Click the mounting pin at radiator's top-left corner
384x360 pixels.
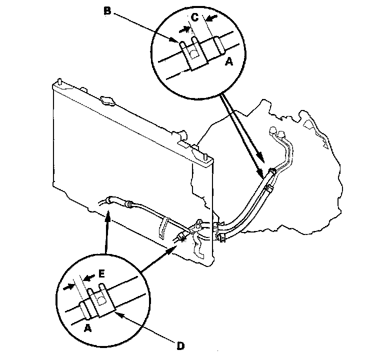coord(60,80)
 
